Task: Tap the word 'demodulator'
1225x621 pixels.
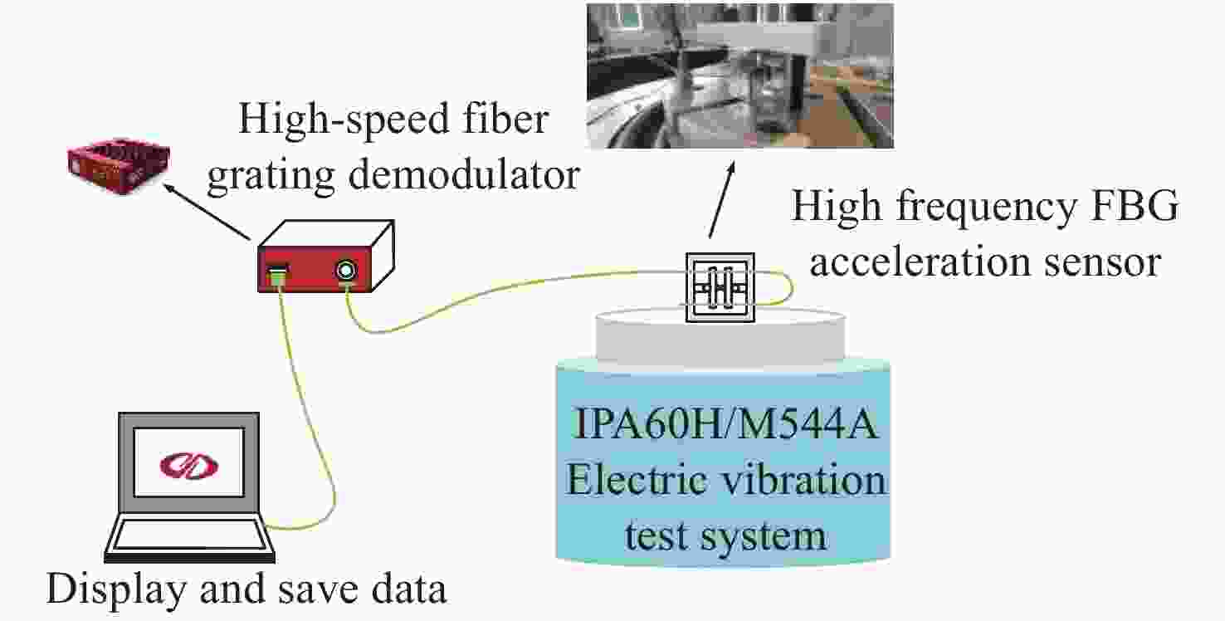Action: click(464, 175)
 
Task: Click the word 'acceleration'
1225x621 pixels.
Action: click(920, 262)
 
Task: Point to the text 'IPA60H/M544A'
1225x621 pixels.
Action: click(725, 423)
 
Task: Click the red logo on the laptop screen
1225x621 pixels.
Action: click(188, 466)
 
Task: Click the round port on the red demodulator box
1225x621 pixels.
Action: click(346, 271)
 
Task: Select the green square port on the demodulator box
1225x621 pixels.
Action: click(278, 273)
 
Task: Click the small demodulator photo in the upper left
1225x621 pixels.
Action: click(118, 166)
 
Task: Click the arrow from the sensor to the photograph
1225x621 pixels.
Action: click(721, 199)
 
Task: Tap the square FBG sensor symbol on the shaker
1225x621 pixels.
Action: click(720, 287)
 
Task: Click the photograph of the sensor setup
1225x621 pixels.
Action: click(740, 76)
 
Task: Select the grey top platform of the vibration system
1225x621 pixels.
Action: click(720, 340)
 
